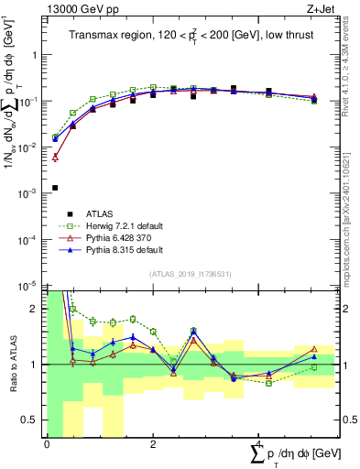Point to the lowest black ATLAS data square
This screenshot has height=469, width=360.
click(x=55, y=188)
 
